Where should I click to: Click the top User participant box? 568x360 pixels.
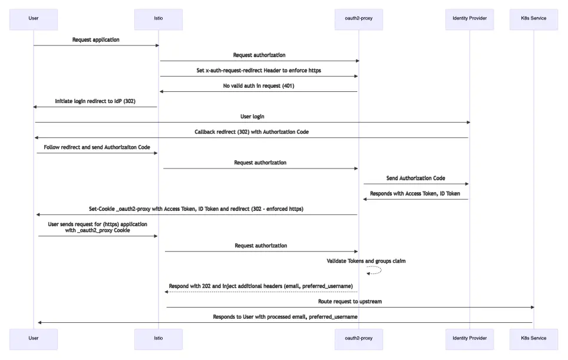(x=34, y=19)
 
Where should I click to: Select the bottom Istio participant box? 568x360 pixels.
(x=158, y=339)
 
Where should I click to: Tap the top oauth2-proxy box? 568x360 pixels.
(x=358, y=19)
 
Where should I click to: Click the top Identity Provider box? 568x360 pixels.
(x=470, y=19)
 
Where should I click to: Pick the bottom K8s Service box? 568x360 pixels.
(x=533, y=339)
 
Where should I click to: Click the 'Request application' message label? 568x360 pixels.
(x=95, y=40)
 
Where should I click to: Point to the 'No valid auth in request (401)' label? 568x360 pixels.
(x=259, y=86)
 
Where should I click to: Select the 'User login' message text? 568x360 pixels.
(x=252, y=117)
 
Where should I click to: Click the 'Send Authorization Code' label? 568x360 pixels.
(x=415, y=178)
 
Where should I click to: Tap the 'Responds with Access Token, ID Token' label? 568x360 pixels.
(x=415, y=193)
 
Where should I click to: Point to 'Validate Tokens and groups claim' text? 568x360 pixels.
(x=366, y=260)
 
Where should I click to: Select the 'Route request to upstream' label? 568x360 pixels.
(x=350, y=302)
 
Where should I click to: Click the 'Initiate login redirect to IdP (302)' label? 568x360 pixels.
(x=95, y=101)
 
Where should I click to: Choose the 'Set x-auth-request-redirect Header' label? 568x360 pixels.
(x=259, y=71)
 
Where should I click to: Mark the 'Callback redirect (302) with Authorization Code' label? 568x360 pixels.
(x=252, y=132)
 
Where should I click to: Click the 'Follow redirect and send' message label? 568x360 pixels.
(x=97, y=147)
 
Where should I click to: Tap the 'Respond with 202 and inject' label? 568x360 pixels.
(x=260, y=286)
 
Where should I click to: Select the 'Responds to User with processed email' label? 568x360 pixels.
(x=285, y=317)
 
